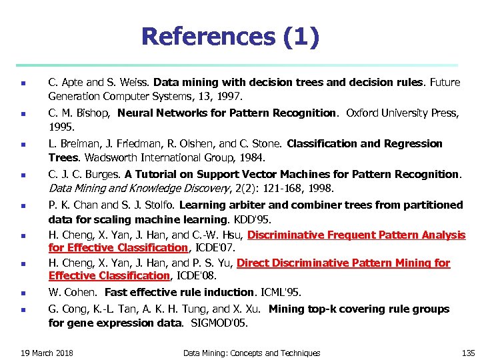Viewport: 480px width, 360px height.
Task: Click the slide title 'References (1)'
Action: [x=231, y=37]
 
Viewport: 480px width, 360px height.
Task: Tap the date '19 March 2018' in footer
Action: [x=47, y=353]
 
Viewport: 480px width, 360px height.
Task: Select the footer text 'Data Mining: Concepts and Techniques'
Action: [x=251, y=353]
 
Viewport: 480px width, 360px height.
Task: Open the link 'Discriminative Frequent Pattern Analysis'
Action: [x=357, y=235]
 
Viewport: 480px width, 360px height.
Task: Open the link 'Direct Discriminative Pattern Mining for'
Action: [x=343, y=263]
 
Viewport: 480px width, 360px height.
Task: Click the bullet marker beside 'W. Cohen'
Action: [x=23, y=293]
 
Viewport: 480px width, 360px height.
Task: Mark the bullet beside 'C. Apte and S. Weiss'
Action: [x=23, y=83]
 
